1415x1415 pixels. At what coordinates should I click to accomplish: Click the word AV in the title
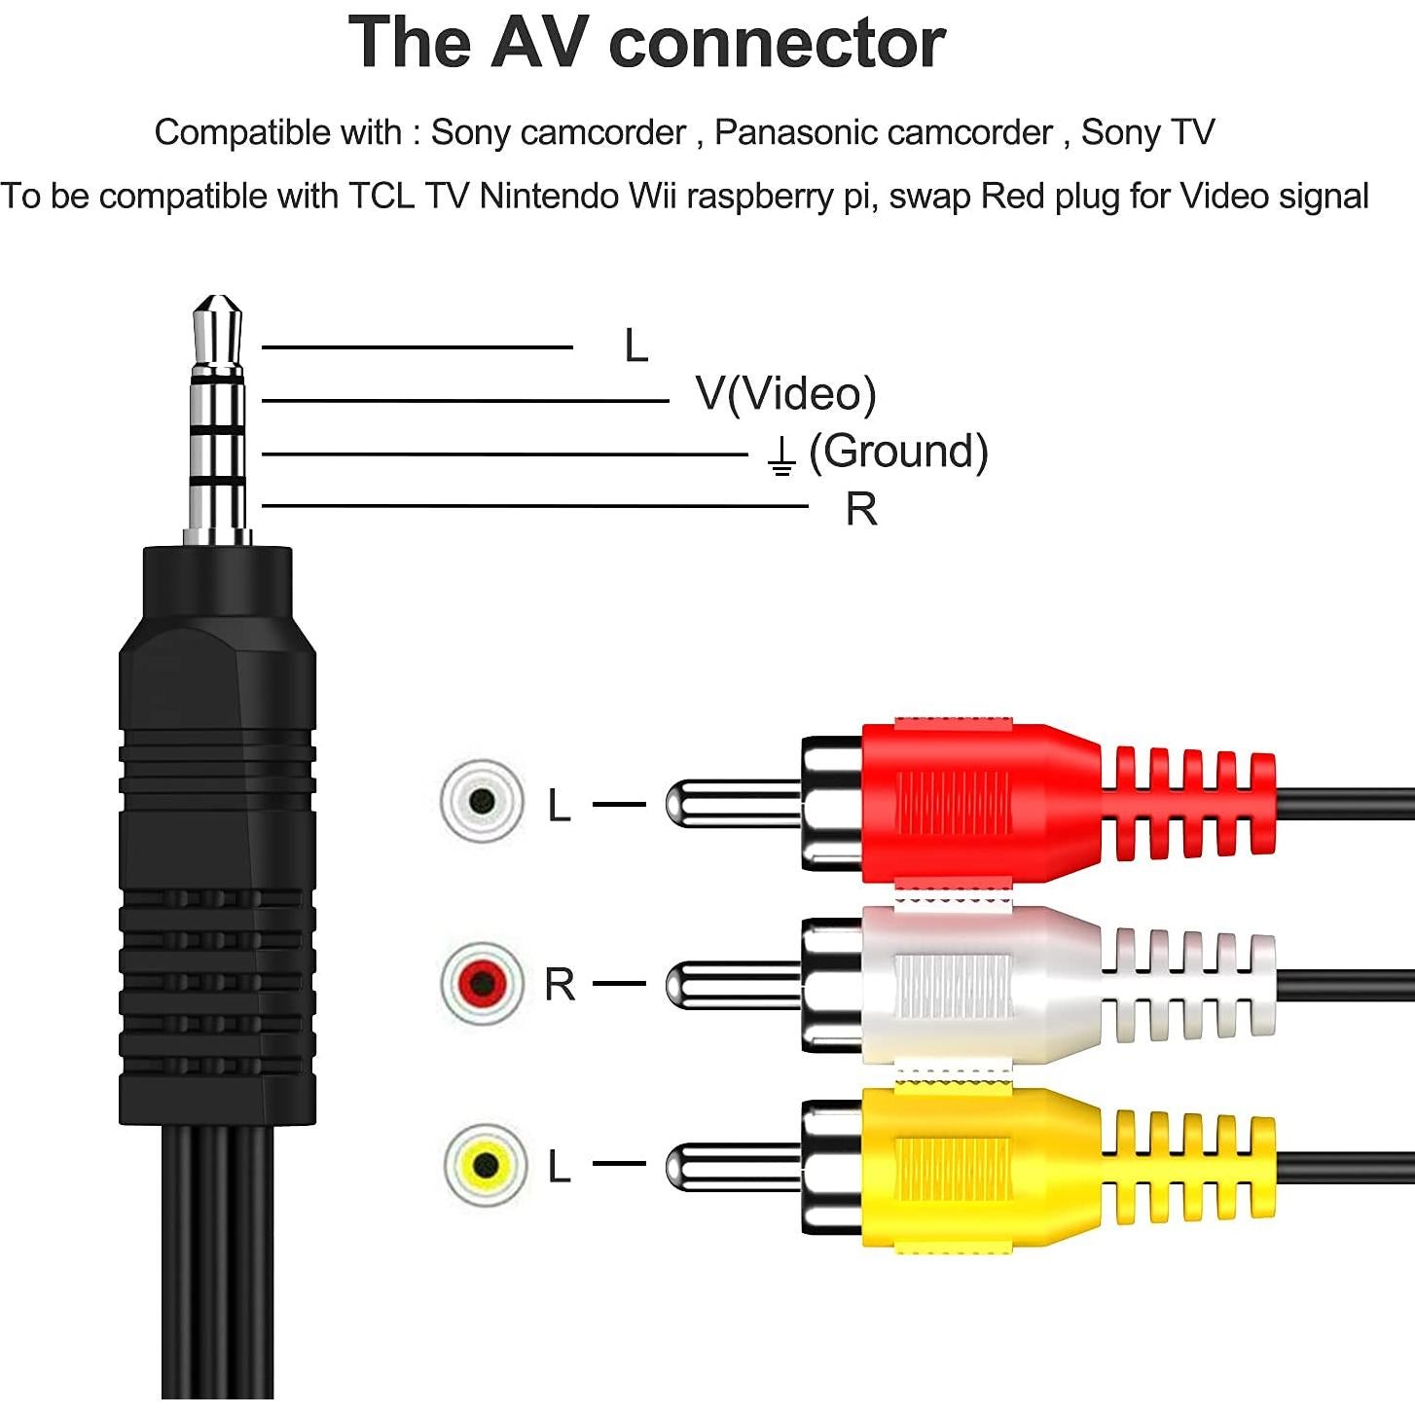click(x=539, y=43)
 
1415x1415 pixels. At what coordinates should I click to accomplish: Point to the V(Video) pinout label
click(x=785, y=394)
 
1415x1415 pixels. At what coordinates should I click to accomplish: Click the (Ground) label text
click(x=898, y=452)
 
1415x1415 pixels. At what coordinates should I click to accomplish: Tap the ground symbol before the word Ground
click(x=780, y=455)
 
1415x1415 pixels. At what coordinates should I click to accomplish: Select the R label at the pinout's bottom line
click(x=861, y=509)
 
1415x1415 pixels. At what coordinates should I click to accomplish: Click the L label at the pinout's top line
click(x=635, y=346)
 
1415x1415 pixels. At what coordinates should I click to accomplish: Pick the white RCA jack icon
click(x=482, y=801)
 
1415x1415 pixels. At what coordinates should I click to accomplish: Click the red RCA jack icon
click(x=482, y=983)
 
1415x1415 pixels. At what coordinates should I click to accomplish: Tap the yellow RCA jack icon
click(x=485, y=1165)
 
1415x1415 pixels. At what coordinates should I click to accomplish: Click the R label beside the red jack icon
click(x=560, y=985)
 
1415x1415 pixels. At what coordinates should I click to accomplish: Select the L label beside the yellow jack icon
click(x=559, y=1166)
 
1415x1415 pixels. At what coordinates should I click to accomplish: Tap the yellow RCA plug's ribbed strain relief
click(x=1187, y=1166)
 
